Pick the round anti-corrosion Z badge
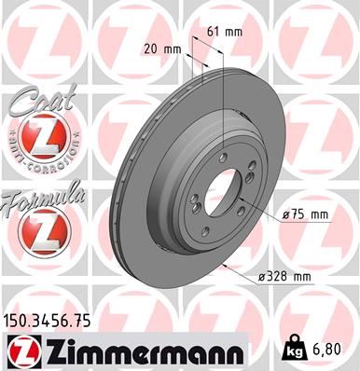[x=38, y=141]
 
